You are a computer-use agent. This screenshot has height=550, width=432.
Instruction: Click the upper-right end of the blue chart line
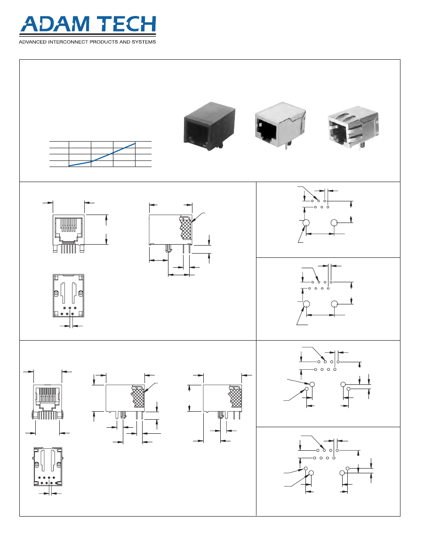coord(136,143)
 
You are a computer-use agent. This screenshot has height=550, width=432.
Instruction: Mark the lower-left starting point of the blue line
coord(69,166)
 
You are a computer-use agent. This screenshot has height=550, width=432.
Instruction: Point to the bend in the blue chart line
coord(91,162)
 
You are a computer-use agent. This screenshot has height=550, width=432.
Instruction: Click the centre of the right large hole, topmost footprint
coord(334,223)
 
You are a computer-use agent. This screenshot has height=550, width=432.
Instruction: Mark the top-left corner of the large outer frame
coord(19,60)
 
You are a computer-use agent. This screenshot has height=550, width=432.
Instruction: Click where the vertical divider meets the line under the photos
coord(256,182)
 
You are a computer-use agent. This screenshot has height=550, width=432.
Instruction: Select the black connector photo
coord(209,127)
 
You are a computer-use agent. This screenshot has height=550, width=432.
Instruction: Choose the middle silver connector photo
coord(280,125)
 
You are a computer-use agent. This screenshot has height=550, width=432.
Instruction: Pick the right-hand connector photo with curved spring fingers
coord(353,129)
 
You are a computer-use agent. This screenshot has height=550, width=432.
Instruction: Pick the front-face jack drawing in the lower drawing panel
coord(48,402)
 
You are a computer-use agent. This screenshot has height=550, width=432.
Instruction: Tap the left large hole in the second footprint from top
coord(306,304)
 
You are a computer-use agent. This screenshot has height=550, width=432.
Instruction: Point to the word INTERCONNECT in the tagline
coord(68,42)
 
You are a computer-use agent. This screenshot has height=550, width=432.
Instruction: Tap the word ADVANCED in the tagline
coord(32,42)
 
